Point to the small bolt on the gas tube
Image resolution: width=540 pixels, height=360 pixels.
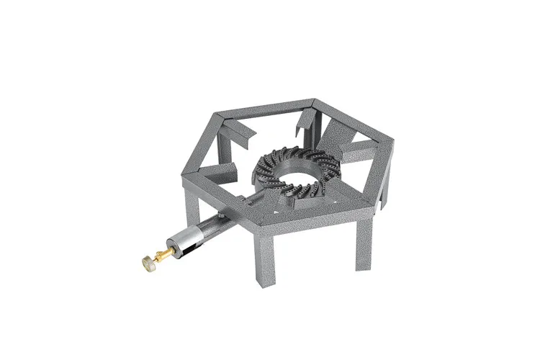coord(222,214)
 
